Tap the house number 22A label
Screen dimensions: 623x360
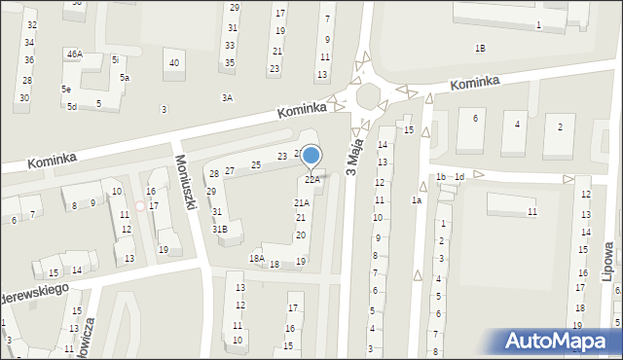click(x=311, y=179)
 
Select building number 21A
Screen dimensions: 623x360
click(x=302, y=202)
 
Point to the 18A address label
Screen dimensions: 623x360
click(x=256, y=258)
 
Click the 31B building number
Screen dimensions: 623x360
click(x=220, y=229)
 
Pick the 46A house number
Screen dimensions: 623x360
click(x=74, y=54)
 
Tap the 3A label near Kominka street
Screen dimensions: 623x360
click(x=227, y=97)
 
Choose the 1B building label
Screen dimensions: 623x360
click(x=480, y=48)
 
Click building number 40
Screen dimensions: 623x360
click(x=174, y=63)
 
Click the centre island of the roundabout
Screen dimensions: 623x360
click(x=371, y=96)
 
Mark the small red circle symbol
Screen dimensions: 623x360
click(x=140, y=205)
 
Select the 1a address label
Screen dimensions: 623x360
click(x=416, y=199)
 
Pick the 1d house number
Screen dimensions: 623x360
click(x=459, y=176)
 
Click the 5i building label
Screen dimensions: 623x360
click(x=115, y=59)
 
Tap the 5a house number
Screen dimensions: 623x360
click(x=125, y=77)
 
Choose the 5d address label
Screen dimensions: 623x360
click(x=72, y=106)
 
